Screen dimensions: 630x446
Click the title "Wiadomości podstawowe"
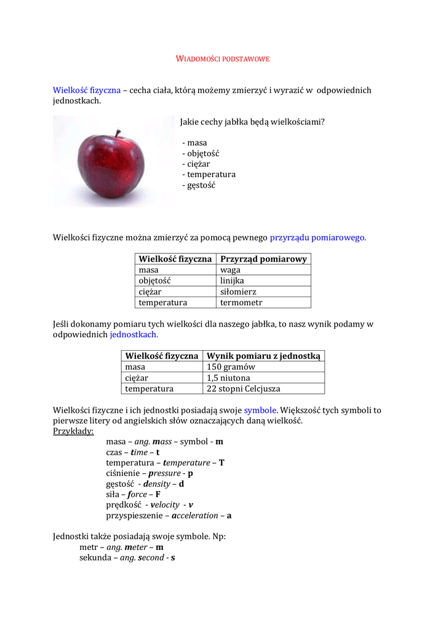[x=223, y=59]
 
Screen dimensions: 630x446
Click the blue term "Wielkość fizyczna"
[x=86, y=90]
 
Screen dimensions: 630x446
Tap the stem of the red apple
[x=117, y=133]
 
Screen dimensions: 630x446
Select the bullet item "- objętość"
[x=201, y=153]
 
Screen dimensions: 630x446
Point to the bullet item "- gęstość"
[x=199, y=185]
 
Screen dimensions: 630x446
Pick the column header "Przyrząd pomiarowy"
[x=263, y=259]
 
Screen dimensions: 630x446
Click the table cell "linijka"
[x=233, y=281]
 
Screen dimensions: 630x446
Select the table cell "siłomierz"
[x=238, y=292]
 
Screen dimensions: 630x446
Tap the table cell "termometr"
[x=241, y=303]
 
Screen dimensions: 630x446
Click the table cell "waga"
[x=230, y=270]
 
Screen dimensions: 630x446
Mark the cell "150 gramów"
[x=231, y=367]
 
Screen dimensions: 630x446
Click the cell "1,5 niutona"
[x=228, y=378]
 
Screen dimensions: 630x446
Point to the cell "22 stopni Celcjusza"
[x=243, y=389]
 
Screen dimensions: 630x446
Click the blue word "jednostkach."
[x=133, y=335]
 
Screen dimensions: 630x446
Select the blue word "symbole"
[x=260, y=410]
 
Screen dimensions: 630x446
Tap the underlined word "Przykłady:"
[x=73, y=431]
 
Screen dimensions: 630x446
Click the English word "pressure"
[x=164, y=474]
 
